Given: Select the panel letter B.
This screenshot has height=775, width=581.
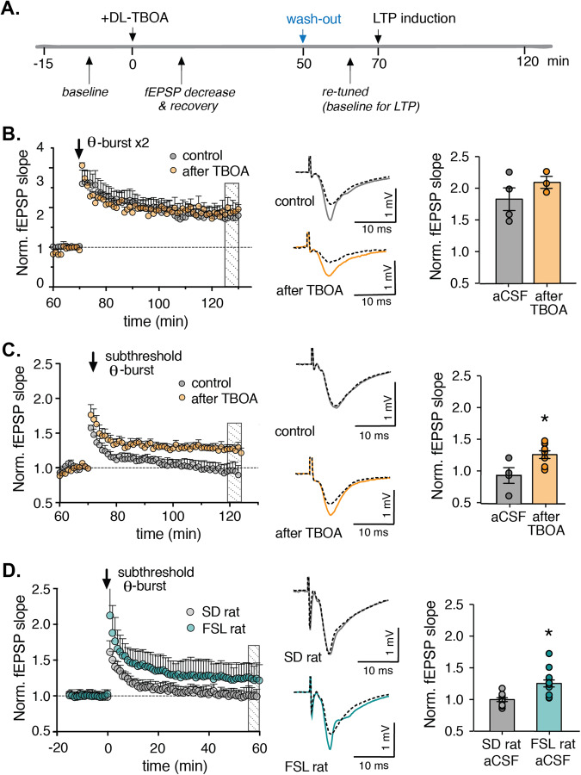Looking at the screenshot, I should point(11,136).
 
